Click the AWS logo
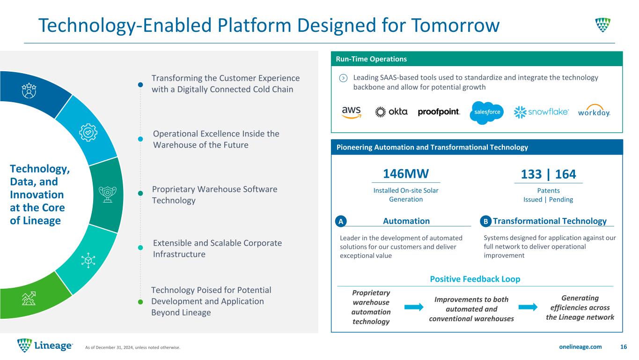(x=352, y=112)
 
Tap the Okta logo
(x=391, y=112)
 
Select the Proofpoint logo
(x=439, y=112)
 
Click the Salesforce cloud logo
(x=487, y=112)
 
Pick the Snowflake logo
(x=541, y=112)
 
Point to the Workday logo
(x=594, y=111)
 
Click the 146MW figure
(x=406, y=174)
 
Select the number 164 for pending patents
(x=566, y=174)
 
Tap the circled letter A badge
(x=341, y=221)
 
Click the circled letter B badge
(x=485, y=221)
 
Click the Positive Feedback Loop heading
(x=475, y=279)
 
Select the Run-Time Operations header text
(x=371, y=59)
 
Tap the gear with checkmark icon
(x=88, y=132)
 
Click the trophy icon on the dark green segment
(x=108, y=194)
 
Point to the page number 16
(x=624, y=346)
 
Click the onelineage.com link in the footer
(x=580, y=346)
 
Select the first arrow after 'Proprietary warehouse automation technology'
(x=414, y=307)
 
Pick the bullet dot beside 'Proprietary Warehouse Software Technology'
(x=140, y=194)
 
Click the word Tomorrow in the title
(x=455, y=25)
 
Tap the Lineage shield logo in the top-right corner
(x=603, y=25)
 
